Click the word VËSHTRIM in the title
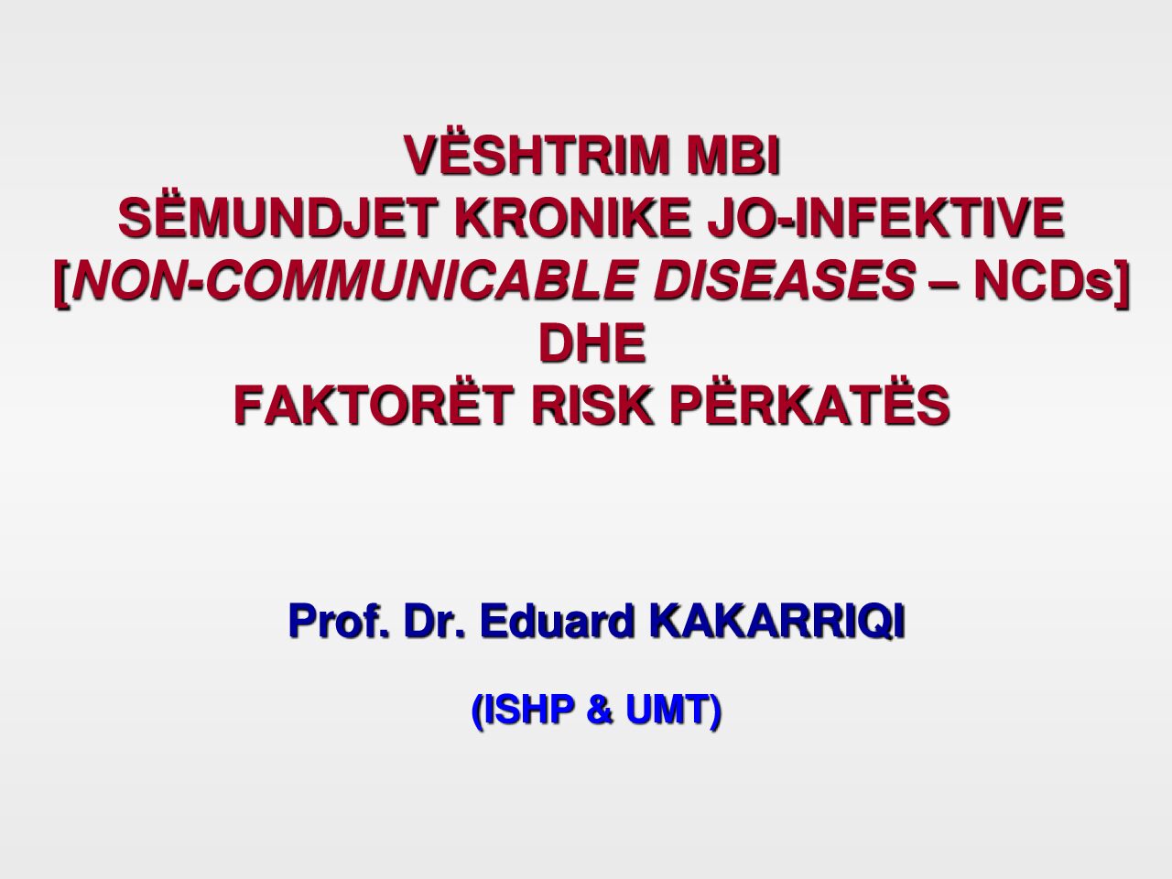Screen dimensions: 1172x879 coord(537,155)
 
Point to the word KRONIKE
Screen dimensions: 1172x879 coord(573,218)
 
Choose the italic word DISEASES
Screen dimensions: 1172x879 coord(785,279)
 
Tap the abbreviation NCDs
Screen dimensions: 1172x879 coord(1043,279)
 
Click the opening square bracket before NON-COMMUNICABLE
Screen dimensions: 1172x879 coord(62,282)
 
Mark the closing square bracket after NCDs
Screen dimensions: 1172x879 coord(1122,282)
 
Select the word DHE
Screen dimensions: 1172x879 coord(592,342)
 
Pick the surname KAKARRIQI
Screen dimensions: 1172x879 coord(777,621)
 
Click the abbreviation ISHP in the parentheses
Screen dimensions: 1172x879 coord(528,711)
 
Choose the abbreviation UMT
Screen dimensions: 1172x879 coord(667,711)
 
